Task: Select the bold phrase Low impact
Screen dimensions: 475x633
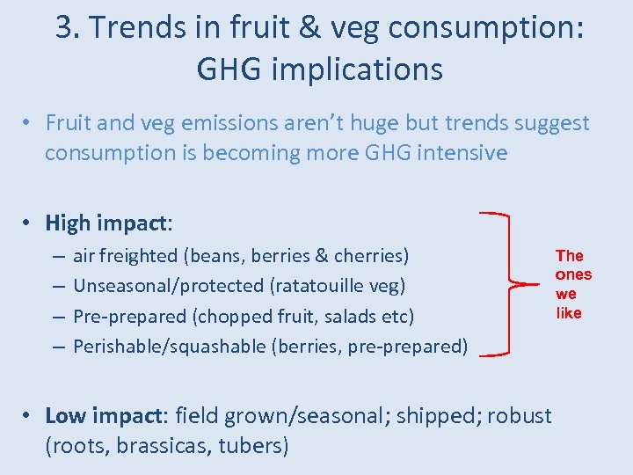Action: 105,415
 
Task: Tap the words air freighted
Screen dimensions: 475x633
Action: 125,256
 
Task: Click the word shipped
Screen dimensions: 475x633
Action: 435,415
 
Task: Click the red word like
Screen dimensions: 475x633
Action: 569,313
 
